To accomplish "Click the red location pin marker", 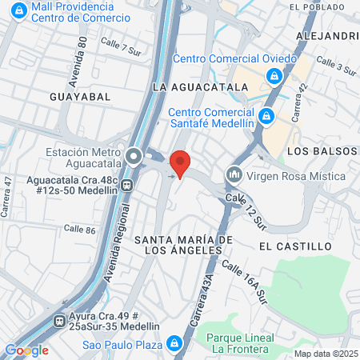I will click(181, 163).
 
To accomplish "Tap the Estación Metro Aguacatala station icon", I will click(133, 155).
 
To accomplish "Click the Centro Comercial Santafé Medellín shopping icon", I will click(269, 117).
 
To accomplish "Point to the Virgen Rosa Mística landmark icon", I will click(234, 173).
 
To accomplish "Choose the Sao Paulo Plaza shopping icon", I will click(174, 344).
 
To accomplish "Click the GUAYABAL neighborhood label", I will click(79, 95).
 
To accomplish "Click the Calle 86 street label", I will click(79, 230).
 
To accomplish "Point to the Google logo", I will click(26, 350).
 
